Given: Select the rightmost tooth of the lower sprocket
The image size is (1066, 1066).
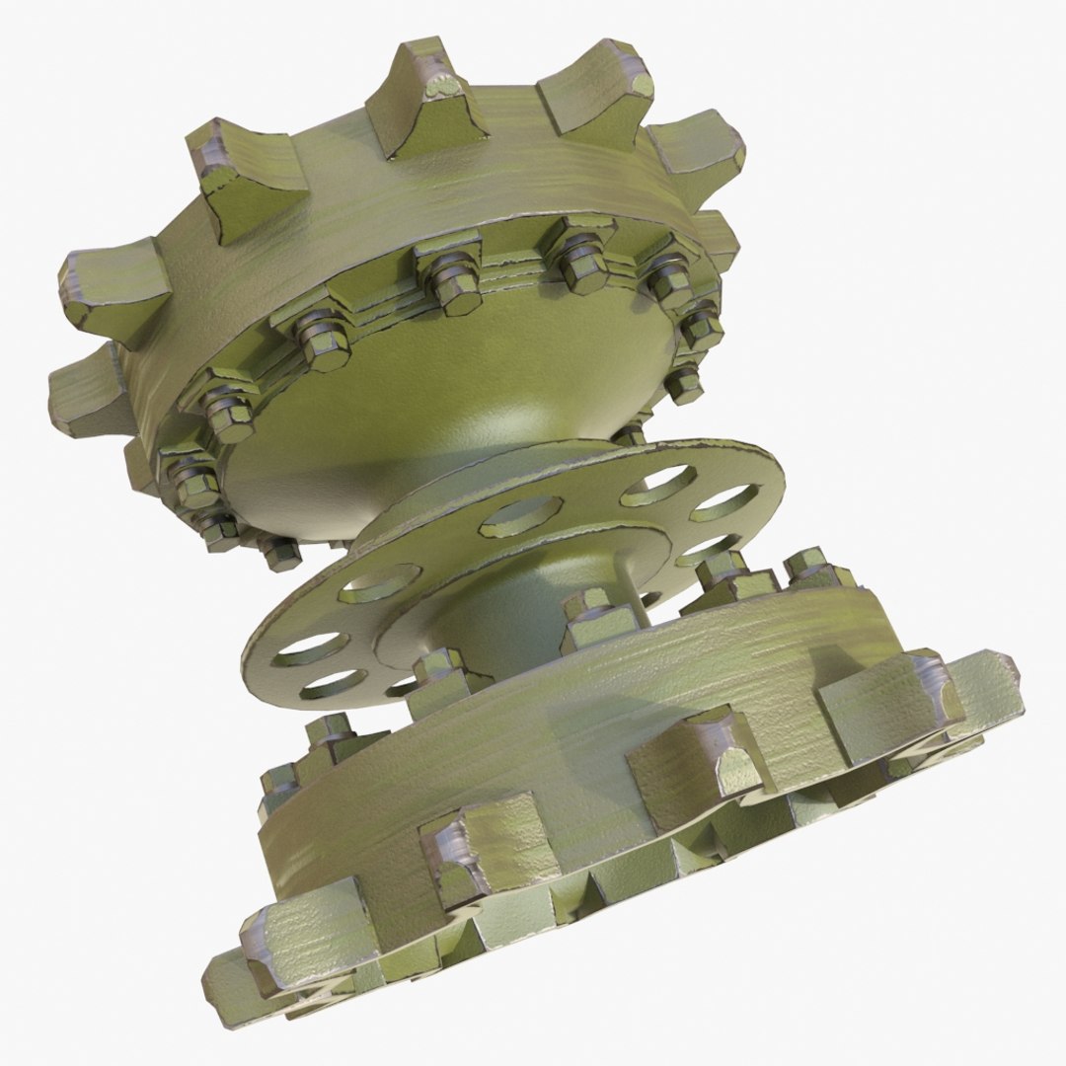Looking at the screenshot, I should (x=977, y=691).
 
